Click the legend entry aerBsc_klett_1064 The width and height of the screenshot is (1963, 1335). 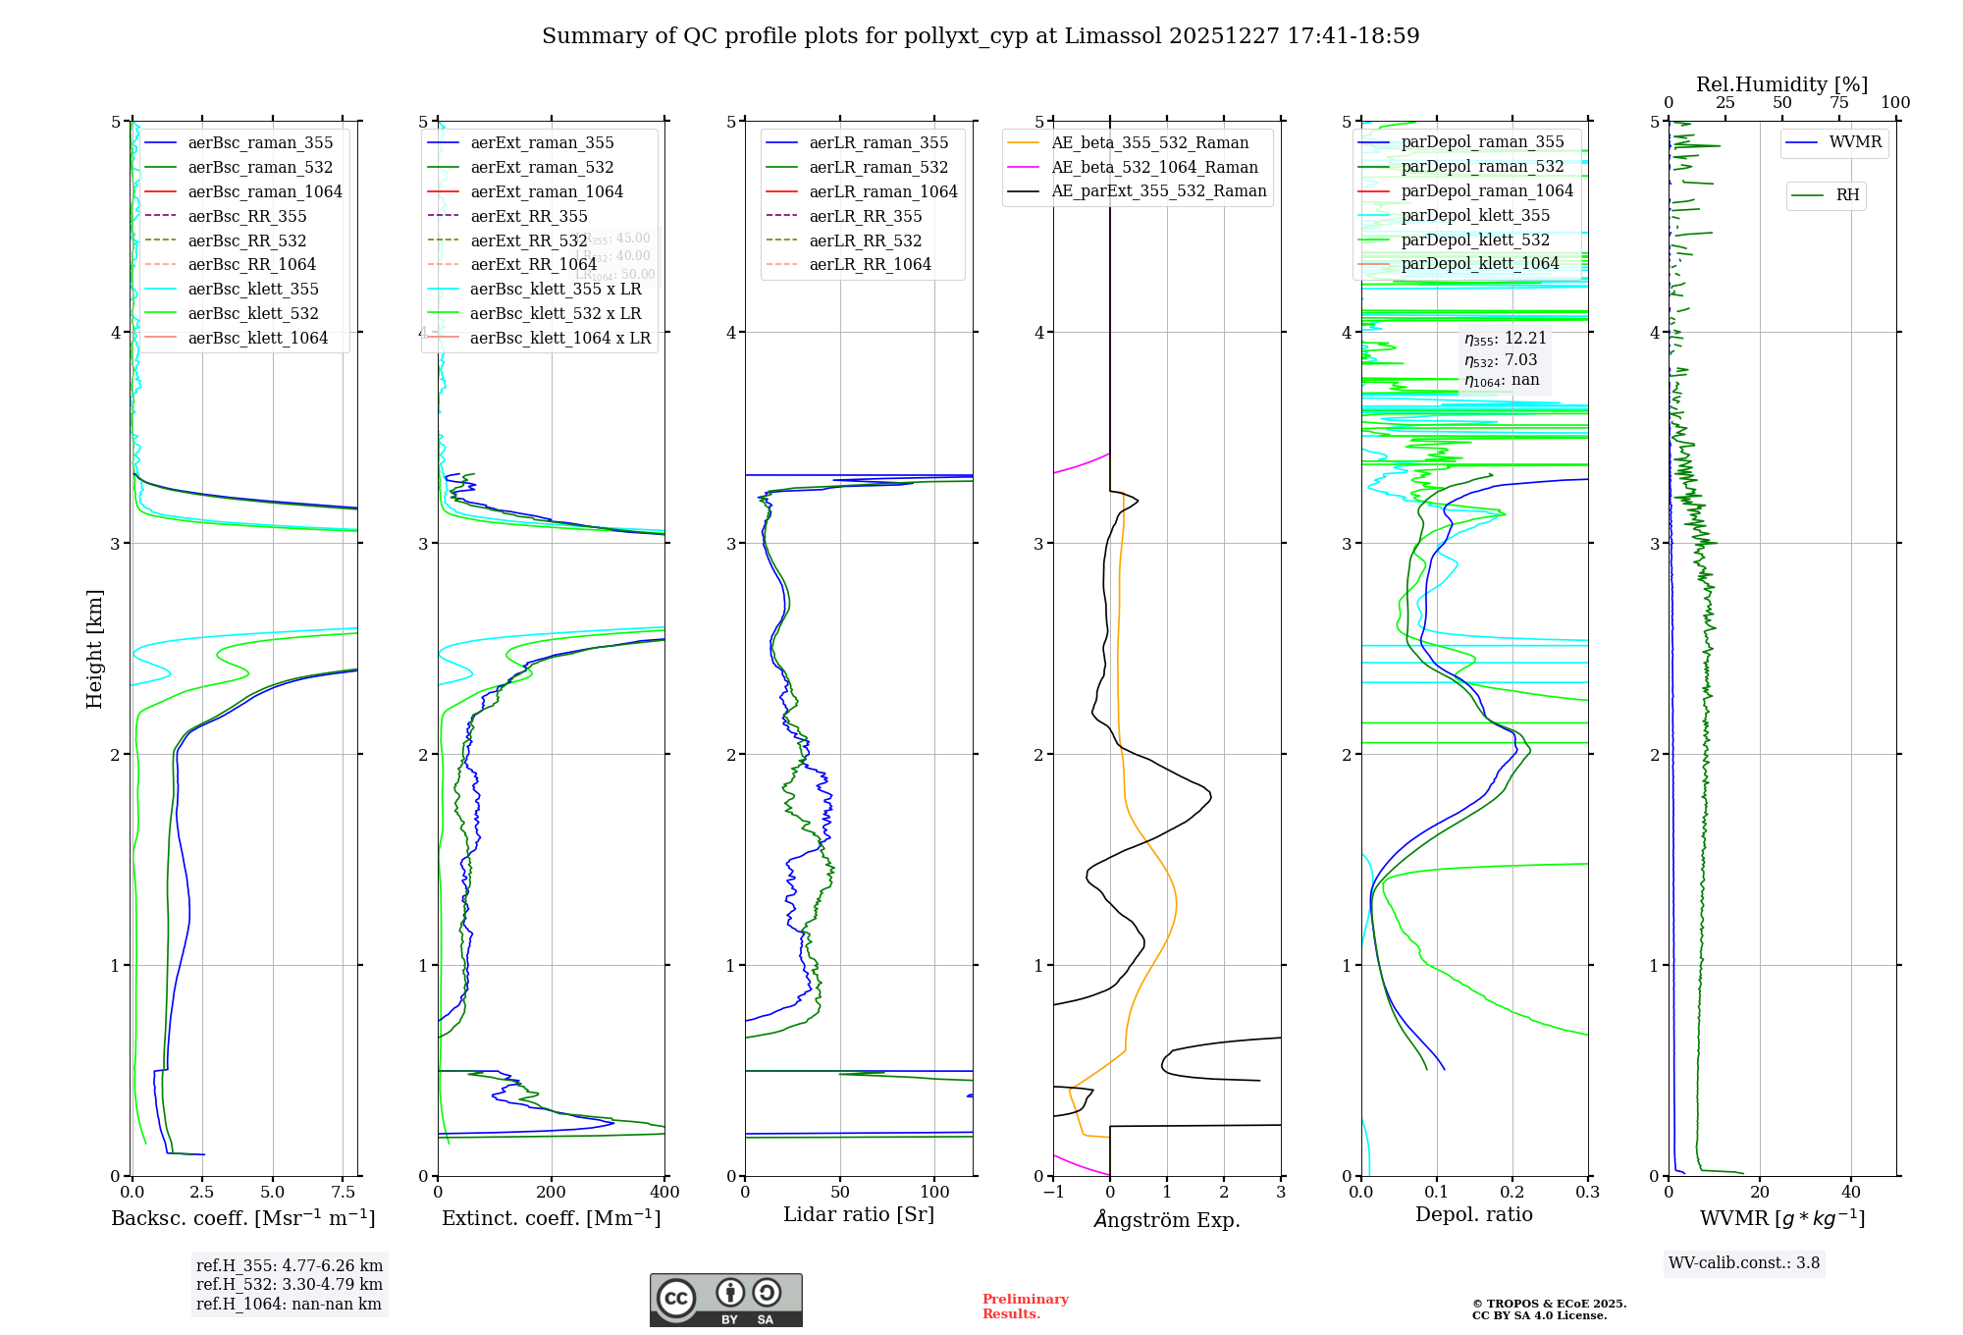pyautogui.click(x=257, y=338)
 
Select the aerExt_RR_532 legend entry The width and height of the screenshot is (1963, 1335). pyautogui.click(x=528, y=240)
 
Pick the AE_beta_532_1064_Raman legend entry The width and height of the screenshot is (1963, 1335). pyautogui.click(x=1154, y=167)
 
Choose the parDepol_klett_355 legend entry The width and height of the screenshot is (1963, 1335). pyautogui.click(x=1475, y=215)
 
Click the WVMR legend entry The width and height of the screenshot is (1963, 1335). pyautogui.click(x=1855, y=142)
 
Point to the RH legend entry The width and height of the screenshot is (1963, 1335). pyautogui.click(x=1847, y=195)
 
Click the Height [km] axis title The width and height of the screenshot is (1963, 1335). pyautogui.click(x=94, y=649)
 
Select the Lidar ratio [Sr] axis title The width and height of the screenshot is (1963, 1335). pyautogui.click(x=859, y=1214)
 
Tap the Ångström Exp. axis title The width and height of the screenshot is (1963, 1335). pyautogui.click(x=1167, y=1219)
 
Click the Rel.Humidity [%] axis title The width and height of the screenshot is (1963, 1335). pyautogui.click(x=1781, y=84)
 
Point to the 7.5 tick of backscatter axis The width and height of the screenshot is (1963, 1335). pyautogui.click(x=343, y=1193)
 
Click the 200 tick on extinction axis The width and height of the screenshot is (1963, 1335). pyautogui.click(x=552, y=1193)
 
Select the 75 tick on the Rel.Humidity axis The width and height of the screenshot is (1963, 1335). pyautogui.click(x=1838, y=103)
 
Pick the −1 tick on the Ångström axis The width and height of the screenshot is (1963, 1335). pyautogui.click(x=1053, y=1193)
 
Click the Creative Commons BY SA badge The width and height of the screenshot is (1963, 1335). pyautogui.click(x=725, y=1300)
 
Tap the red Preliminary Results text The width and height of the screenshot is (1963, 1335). pyautogui.click(x=1025, y=1306)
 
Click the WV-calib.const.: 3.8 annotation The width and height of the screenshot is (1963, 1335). pyautogui.click(x=1744, y=1263)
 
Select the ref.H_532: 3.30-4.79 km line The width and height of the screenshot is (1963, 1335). pyautogui.click(x=289, y=1284)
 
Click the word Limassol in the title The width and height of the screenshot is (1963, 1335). pyautogui.click(x=1122, y=36)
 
